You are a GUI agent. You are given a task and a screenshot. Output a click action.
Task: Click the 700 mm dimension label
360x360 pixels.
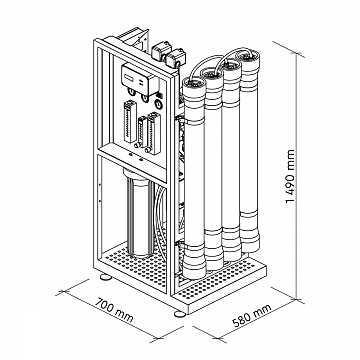(x=114, y=311)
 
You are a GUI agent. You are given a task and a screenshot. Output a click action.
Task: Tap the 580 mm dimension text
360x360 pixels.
(x=252, y=315)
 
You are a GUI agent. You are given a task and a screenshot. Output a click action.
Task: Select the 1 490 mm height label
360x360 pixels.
(x=290, y=176)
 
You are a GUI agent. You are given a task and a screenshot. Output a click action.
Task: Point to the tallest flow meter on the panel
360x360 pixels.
(x=130, y=121)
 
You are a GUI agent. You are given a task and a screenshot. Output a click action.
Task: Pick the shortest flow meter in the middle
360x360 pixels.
(x=143, y=132)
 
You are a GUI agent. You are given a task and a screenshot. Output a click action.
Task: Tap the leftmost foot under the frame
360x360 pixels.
(x=106, y=276)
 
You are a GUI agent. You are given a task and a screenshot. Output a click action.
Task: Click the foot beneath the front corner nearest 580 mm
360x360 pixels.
(x=180, y=314)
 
